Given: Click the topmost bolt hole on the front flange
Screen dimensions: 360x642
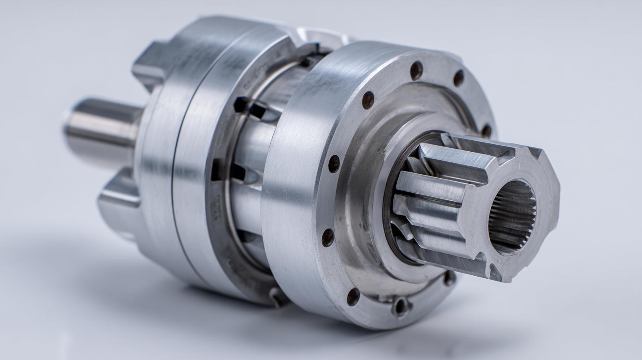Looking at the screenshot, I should click(416, 71).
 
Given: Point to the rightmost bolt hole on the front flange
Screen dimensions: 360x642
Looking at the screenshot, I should click(486, 131).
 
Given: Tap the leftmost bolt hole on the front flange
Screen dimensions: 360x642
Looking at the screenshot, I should click(328, 237).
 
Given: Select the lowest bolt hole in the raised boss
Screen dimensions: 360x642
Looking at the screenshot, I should click(401, 306).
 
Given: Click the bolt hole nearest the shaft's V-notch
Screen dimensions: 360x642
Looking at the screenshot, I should click(449, 278).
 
